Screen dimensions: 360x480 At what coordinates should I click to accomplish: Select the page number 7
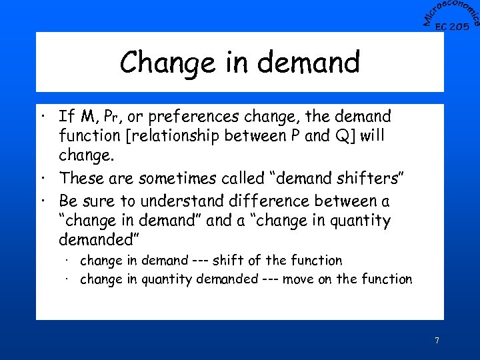437,341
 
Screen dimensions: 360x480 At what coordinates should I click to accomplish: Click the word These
81,179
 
